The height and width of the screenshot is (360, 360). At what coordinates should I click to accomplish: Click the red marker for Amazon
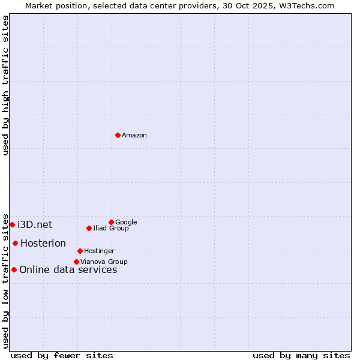click(x=118, y=135)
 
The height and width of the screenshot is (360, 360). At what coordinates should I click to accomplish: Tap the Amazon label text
click(x=134, y=136)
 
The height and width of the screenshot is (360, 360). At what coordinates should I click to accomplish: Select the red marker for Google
click(x=111, y=222)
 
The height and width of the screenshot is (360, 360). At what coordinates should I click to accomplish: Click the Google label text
click(x=126, y=222)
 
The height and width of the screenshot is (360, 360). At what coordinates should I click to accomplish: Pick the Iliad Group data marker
click(x=89, y=228)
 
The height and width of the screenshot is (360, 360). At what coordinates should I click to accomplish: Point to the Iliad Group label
click(x=111, y=229)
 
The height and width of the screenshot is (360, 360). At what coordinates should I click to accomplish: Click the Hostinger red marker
click(x=80, y=251)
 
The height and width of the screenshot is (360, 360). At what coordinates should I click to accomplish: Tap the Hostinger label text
click(x=99, y=251)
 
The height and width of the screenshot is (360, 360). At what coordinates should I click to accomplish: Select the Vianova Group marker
click(x=76, y=262)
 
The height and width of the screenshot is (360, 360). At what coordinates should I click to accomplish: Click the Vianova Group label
click(x=104, y=262)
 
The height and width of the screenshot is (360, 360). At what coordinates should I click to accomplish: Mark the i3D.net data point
click(x=12, y=224)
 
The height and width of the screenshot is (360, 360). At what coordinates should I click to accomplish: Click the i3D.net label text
click(x=35, y=225)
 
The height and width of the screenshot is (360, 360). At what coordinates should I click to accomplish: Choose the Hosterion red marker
click(x=15, y=243)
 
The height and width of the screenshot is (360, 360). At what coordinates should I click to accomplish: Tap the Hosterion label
click(x=43, y=244)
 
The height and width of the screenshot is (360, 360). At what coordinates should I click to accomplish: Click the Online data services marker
click(x=14, y=269)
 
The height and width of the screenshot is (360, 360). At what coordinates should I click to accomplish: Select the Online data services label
click(x=68, y=270)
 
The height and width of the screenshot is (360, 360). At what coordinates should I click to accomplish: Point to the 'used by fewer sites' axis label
click(x=62, y=356)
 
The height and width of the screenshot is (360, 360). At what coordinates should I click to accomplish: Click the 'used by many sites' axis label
click(x=301, y=356)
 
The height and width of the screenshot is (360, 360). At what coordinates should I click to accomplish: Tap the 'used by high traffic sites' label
click(x=6, y=85)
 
